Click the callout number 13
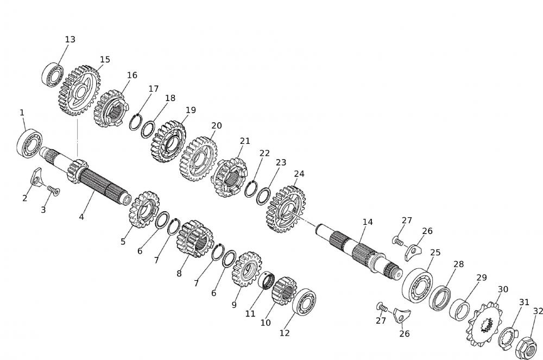pyautogui.click(x=70, y=40)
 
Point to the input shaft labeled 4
pyautogui.click(x=98, y=182)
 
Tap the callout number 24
pyautogui.click(x=299, y=174)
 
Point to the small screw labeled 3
pyautogui.click(x=53, y=190)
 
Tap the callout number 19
pyautogui.click(x=190, y=110)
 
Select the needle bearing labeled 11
pyautogui.click(x=267, y=281)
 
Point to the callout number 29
pyautogui.click(x=482, y=277)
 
